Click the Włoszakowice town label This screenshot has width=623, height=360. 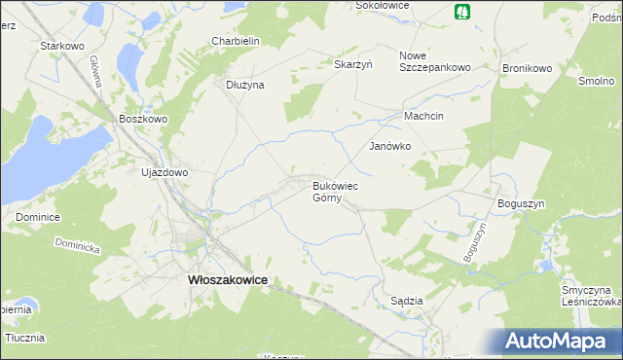pyautogui.click(x=227, y=279)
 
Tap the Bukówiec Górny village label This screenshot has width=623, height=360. pyautogui.click(x=337, y=190)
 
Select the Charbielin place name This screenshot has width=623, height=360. pyautogui.click(x=235, y=41)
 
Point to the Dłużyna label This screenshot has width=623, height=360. pyautogui.click(x=245, y=85)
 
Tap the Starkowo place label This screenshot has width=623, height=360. pyautogui.click(x=58, y=46)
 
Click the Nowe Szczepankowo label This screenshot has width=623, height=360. pyautogui.click(x=435, y=61)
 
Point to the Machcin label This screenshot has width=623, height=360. pyautogui.click(x=424, y=116)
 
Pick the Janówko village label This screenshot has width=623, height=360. pyautogui.click(x=389, y=146)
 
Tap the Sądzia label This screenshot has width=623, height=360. pyautogui.click(x=406, y=301)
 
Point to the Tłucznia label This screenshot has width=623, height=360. pyautogui.click(x=25, y=338)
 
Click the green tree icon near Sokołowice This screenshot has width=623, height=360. pyautogui.click(x=461, y=12)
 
